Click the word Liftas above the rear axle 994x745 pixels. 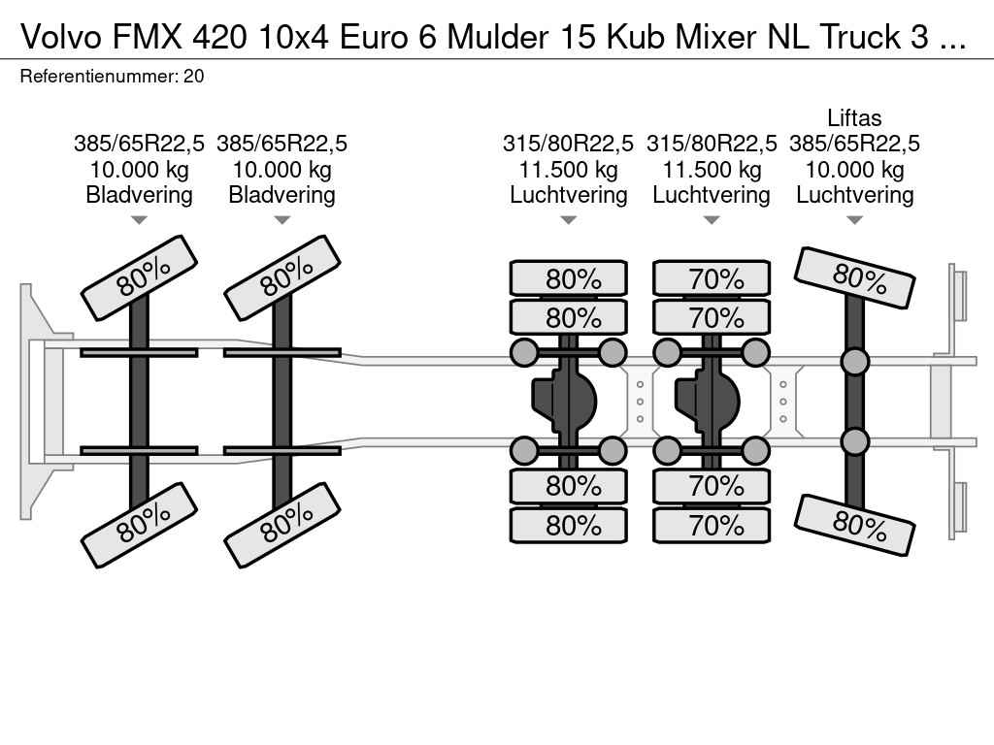point(854,117)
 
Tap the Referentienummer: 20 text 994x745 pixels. point(113,77)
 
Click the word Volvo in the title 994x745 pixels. point(61,38)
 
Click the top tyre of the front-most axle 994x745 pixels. point(139,278)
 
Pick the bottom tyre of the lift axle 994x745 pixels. point(854,526)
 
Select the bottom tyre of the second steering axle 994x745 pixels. point(282,525)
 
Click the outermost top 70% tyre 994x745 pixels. point(712,278)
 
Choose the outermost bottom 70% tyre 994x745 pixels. point(712,525)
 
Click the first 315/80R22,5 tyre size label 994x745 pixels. point(568,144)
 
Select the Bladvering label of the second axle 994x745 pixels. point(282,194)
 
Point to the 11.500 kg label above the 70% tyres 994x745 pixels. point(712,169)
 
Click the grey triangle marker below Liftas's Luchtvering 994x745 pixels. point(854,220)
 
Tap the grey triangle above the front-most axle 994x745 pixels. point(139,220)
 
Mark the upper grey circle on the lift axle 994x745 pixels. point(854,361)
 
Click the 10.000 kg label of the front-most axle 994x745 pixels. point(139,169)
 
